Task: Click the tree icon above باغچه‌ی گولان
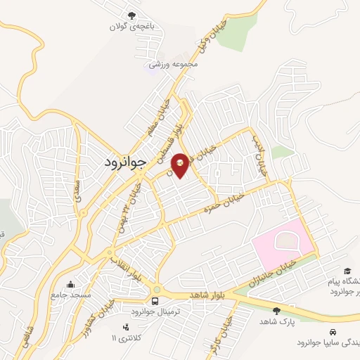[x=131, y=15]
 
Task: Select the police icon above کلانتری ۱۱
[x=126, y=327]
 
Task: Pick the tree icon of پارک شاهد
[x=275, y=311]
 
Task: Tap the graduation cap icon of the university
[x=347, y=271]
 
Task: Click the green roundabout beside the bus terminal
[x=155, y=289]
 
